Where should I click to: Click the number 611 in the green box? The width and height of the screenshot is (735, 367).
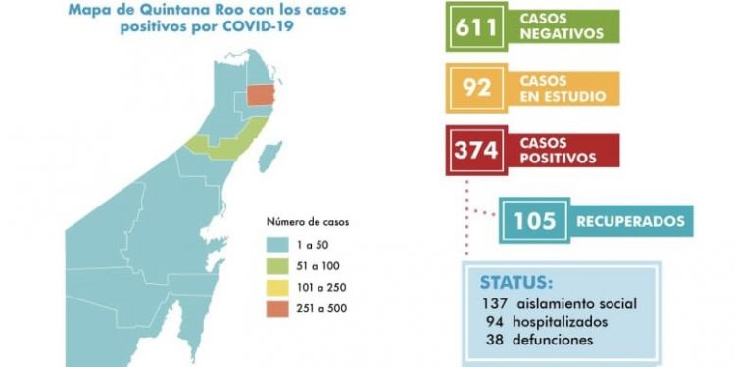(475, 26)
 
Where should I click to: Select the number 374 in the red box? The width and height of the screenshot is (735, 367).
(475, 151)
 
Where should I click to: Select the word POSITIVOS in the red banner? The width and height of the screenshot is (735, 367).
(558, 157)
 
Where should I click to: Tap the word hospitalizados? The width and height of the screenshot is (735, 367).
(562, 321)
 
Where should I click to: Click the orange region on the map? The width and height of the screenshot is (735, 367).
(262, 95)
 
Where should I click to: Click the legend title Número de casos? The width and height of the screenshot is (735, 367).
(307, 221)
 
